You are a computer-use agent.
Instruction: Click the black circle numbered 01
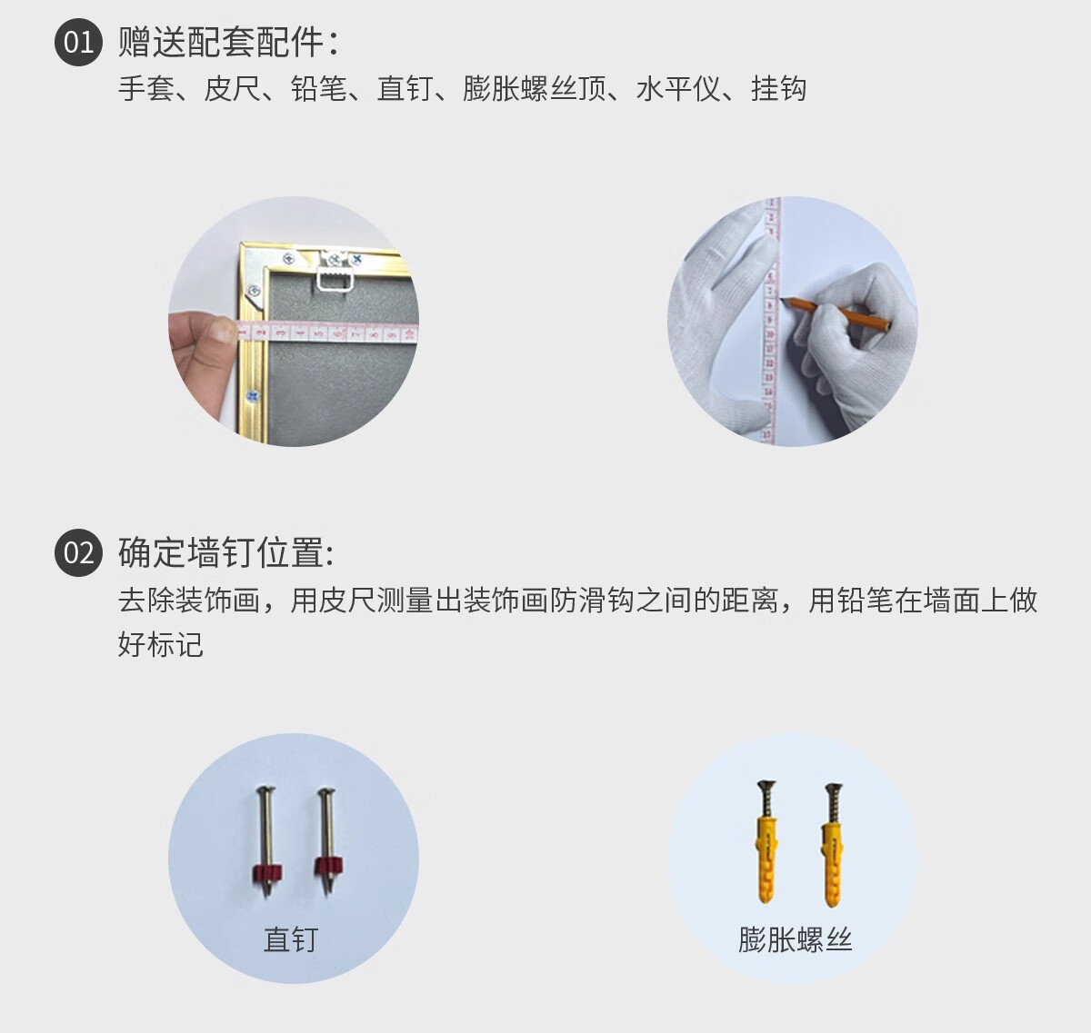pos(78,42)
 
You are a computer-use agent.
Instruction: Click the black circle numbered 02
pos(78,552)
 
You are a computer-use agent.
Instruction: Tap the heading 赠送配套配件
pos(221,42)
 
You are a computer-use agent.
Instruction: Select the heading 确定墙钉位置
pos(221,552)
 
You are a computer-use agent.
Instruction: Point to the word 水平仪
pos(678,88)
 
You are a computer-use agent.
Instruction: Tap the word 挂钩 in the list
pos(778,88)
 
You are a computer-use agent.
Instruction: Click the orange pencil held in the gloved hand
pos(836,313)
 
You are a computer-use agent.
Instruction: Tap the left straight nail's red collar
pos(266,873)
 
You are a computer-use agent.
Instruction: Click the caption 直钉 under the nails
pos(291,939)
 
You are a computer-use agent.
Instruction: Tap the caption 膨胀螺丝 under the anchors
pos(795,939)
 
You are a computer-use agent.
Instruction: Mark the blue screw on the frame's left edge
pos(253,396)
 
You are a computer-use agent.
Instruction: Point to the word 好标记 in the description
pos(161,644)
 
